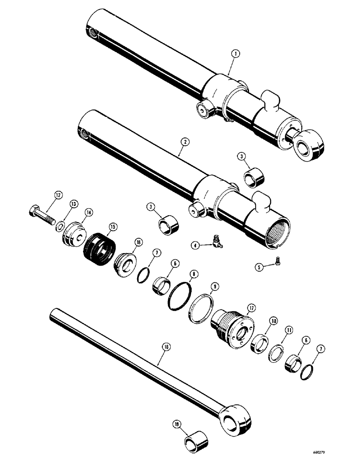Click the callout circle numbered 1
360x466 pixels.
[x=236, y=55]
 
